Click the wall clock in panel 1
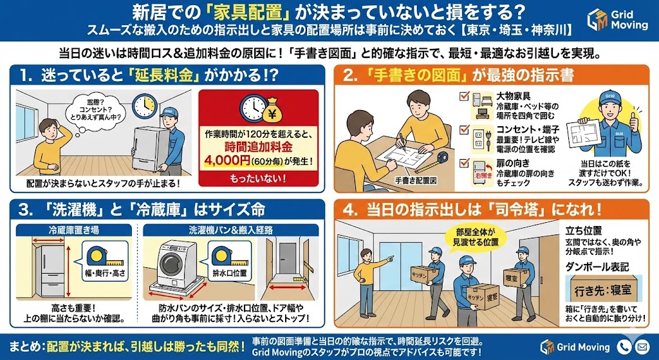pyautogui.click(x=145, y=106)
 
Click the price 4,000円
pyautogui.click(x=227, y=160)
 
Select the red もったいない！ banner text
pyautogui.click(x=258, y=178)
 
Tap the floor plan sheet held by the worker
pyautogui.click(x=582, y=134)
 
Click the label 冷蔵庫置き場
pyautogui.click(x=74, y=230)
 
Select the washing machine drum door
pyautogui.click(x=171, y=265)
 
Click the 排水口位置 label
pyautogui.click(x=230, y=272)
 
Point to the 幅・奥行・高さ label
pyautogui.click(x=105, y=273)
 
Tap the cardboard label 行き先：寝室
pyautogui.click(x=604, y=291)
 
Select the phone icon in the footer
pyautogui.click(x=624, y=346)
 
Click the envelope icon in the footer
pyautogui.click(x=642, y=346)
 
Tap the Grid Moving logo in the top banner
pyautogui.click(x=617, y=20)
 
